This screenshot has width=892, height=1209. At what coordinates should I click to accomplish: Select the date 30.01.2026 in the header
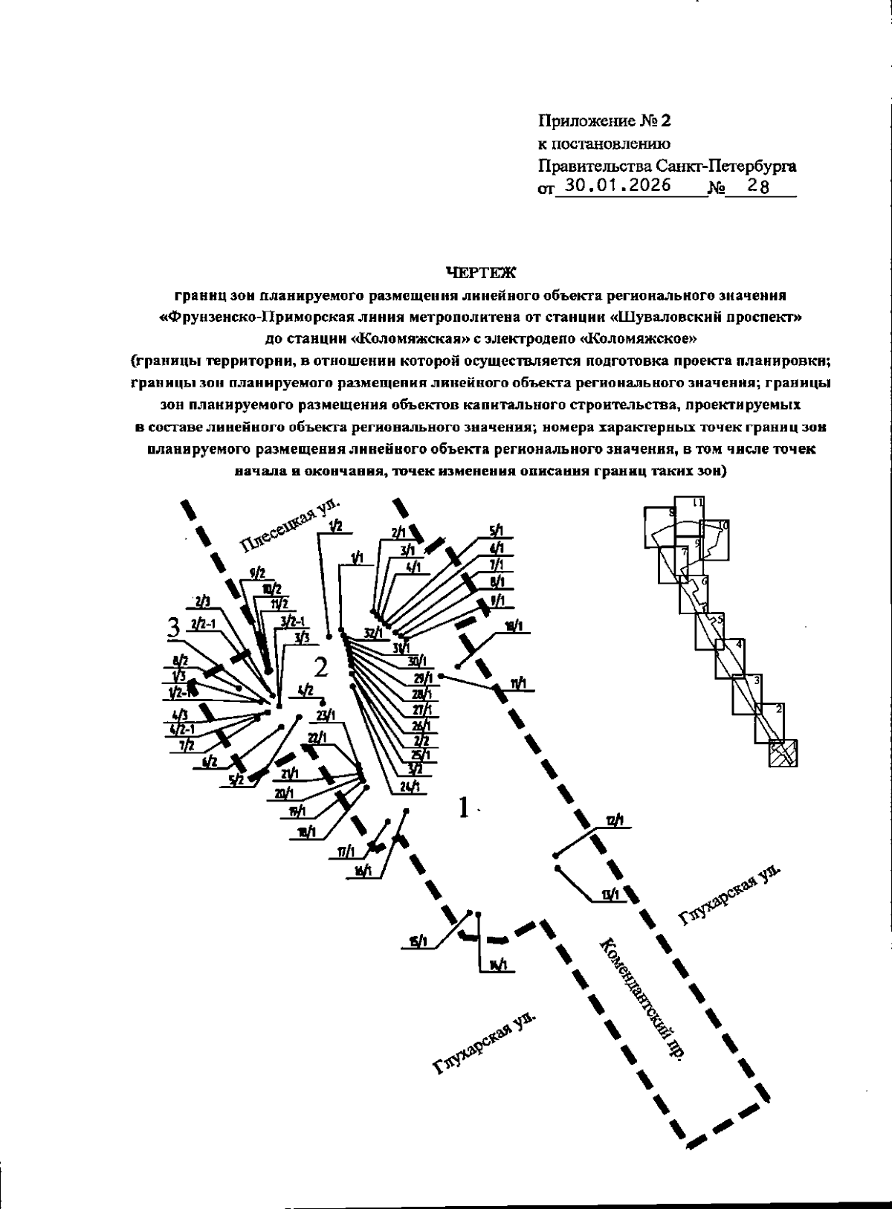click(616, 186)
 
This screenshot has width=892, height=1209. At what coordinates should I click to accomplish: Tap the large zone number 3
click(174, 628)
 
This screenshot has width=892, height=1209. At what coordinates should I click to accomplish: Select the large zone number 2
click(320, 667)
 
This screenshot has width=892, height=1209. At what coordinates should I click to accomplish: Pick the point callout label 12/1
click(615, 821)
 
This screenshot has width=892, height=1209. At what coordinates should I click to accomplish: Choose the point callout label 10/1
click(513, 626)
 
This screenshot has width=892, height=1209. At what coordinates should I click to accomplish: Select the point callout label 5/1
click(497, 531)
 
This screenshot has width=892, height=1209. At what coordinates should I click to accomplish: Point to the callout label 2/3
click(201, 602)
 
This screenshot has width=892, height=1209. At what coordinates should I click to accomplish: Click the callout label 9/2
click(257, 573)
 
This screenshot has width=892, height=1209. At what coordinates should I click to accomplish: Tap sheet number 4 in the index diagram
click(738, 644)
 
